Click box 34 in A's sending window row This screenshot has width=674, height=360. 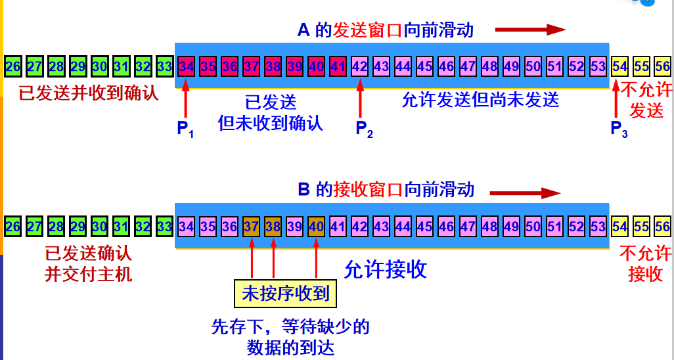coord(187,66)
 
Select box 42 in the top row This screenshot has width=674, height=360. coord(359,66)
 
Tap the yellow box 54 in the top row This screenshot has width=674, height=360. coord(619,66)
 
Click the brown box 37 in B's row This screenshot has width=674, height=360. coord(252,227)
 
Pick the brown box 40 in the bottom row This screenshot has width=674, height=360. coord(316,227)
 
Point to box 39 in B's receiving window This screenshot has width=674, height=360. coord(294,227)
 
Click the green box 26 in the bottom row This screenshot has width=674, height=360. coord(13,227)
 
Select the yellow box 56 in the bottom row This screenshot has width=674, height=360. coord(662,227)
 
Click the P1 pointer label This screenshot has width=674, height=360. coord(185,129)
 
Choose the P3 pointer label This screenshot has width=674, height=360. coord(619,129)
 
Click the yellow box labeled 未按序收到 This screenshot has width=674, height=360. coord(285,293)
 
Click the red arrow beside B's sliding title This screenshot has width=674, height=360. coord(526,192)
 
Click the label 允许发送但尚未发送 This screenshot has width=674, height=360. coord(480,100)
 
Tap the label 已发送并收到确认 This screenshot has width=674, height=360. coord(89,93)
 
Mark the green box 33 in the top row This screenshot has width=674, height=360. coord(165,66)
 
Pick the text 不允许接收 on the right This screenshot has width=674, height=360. coord(645,263)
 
